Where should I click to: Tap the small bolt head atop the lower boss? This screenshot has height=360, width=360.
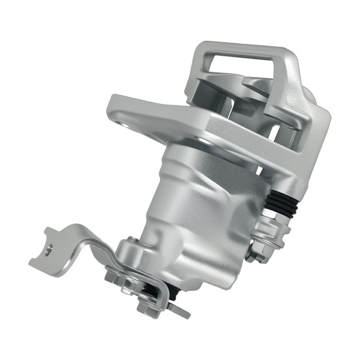point(131,241)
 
